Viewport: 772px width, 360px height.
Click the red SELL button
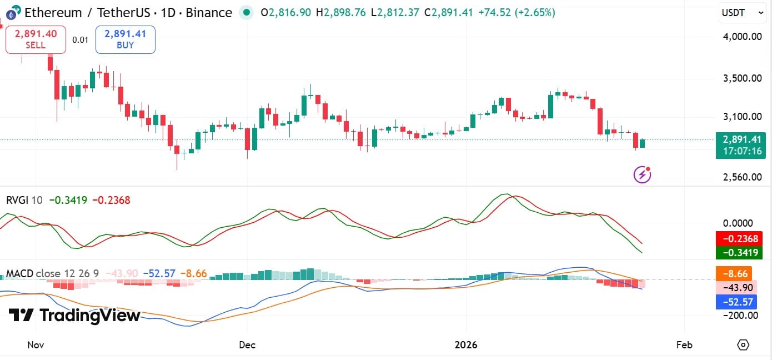click(36, 39)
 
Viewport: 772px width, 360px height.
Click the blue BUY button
click(125, 39)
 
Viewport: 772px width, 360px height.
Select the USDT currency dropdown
click(738, 12)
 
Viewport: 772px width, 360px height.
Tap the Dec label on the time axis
click(247, 345)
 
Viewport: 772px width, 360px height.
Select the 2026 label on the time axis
click(466, 345)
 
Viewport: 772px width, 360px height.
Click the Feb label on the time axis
click(684, 345)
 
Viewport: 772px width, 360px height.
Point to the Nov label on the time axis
click(36, 345)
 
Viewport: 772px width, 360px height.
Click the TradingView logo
click(74, 316)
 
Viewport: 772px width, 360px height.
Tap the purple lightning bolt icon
click(642, 175)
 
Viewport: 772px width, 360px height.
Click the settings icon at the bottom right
click(743, 345)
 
